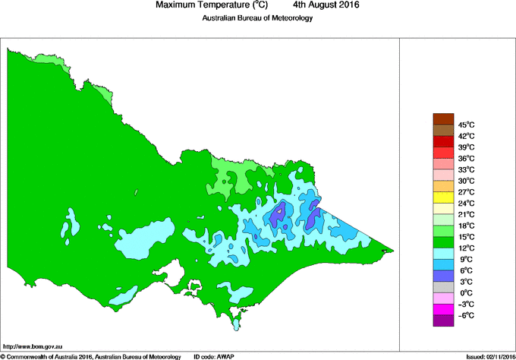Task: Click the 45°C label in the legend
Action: (465, 125)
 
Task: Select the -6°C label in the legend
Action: (465, 315)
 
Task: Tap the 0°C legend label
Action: (465, 293)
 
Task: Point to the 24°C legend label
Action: (465, 204)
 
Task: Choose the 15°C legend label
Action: (465, 237)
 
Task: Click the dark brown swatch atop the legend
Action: (442, 118)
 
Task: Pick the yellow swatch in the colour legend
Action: (442, 197)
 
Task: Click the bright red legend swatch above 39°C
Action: (442, 141)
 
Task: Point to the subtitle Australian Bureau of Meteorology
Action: (257, 18)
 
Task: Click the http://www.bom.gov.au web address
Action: (32, 345)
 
